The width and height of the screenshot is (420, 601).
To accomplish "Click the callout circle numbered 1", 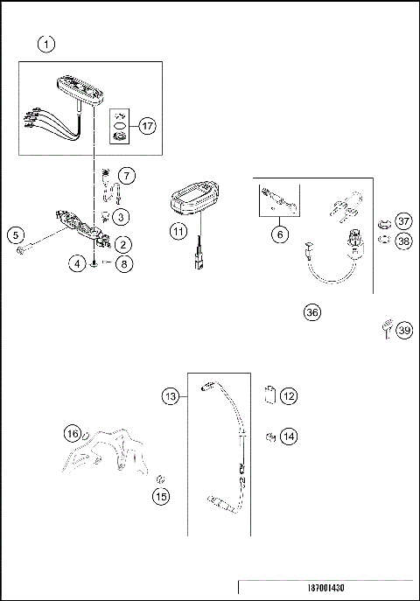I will click(46, 43).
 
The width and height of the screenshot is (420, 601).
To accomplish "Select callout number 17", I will click(146, 126).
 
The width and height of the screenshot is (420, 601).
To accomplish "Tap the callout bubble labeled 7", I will click(128, 176).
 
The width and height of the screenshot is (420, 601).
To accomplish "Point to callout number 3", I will click(122, 216).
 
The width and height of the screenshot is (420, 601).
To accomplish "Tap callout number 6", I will click(280, 234).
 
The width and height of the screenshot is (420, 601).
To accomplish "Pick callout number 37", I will click(402, 220).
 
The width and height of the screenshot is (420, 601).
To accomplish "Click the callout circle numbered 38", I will click(402, 239).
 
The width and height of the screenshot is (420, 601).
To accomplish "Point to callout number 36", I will click(311, 312).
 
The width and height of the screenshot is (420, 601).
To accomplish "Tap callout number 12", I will click(288, 396).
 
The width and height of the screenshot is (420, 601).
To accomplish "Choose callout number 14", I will click(288, 435).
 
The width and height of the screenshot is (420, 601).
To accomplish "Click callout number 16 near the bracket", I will click(73, 432).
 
